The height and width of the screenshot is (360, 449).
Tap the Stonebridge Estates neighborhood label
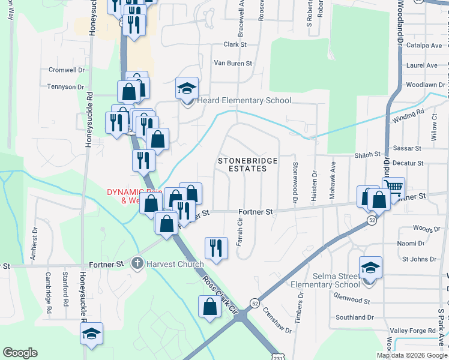[x=242, y=165]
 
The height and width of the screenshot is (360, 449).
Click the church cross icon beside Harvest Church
[x=137, y=263]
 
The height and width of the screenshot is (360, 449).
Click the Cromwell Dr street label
[x=66, y=70]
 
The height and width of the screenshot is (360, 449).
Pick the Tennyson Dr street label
[x=66, y=87]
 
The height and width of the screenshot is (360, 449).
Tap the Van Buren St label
[x=233, y=63]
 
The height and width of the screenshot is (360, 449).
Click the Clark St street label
[x=235, y=44]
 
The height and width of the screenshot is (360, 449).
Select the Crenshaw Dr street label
[x=280, y=322]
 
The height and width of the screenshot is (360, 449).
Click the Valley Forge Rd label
[x=412, y=331]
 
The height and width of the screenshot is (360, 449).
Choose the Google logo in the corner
[x=20, y=353]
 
